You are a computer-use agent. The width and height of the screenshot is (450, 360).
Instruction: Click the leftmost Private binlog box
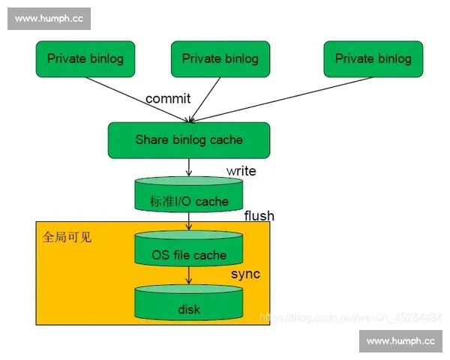tap(85, 59)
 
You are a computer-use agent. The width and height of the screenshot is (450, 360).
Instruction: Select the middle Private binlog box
tap(220, 59)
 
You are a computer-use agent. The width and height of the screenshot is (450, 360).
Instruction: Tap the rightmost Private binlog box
tap(373, 59)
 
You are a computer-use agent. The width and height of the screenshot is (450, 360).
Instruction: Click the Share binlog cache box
tap(188, 140)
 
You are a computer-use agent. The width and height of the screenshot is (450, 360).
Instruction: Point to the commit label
tap(168, 98)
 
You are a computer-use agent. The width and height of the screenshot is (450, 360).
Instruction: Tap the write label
tap(241, 171)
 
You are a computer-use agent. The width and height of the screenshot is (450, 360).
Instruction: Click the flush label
tap(259, 216)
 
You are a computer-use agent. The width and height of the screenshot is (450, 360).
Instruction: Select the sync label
tap(245, 274)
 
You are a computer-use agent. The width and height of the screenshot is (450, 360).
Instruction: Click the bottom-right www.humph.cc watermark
tap(400, 341)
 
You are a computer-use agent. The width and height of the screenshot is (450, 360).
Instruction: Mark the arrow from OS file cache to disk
tap(189, 275)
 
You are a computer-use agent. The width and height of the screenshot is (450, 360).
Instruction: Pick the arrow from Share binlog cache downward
tap(189, 167)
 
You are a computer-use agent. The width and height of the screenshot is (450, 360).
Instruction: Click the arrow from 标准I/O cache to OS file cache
tap(189, 221)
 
